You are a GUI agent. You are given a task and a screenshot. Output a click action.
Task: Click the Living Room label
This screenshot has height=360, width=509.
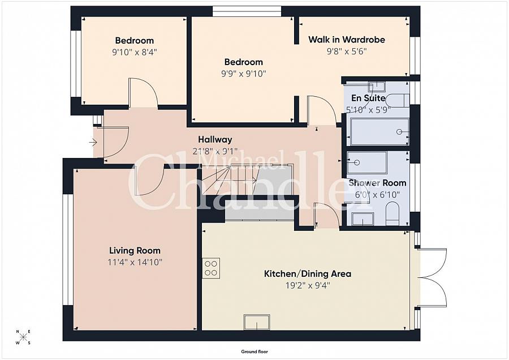[135, 250]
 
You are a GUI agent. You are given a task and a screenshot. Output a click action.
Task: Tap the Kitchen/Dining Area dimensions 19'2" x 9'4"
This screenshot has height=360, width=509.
[308, 285]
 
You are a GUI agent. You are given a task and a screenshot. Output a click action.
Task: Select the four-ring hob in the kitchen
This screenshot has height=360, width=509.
[212, 267]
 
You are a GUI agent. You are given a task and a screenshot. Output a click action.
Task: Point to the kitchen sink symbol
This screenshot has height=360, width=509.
[257, 322]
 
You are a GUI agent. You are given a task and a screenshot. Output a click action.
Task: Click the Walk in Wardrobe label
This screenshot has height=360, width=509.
[346, 40]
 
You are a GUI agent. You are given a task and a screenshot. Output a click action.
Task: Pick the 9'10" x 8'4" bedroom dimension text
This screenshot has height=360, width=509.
[134, 52]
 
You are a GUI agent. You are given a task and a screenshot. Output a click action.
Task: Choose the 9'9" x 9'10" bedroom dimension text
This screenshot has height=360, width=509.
[243, 73]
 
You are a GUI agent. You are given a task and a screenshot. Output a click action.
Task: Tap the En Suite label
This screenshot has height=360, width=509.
[368, 98]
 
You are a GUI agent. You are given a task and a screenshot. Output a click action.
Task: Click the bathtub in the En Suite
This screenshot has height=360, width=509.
[378, 131]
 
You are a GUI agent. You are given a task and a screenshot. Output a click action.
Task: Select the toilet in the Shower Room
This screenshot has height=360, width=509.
[392, 215]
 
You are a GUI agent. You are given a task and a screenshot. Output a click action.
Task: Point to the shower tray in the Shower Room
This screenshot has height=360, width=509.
[367, 162]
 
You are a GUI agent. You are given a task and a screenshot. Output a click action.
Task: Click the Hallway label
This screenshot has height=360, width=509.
[215, 139]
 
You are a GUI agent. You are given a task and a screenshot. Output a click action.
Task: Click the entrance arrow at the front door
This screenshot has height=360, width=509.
[93, 142]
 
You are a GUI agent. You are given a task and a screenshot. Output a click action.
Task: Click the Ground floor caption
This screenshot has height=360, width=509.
[254, 352]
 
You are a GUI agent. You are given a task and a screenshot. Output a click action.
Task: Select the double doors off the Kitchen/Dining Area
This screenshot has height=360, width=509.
[433, 277]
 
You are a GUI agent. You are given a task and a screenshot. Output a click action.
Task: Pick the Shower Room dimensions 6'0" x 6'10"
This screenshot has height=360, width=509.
[377, 194]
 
